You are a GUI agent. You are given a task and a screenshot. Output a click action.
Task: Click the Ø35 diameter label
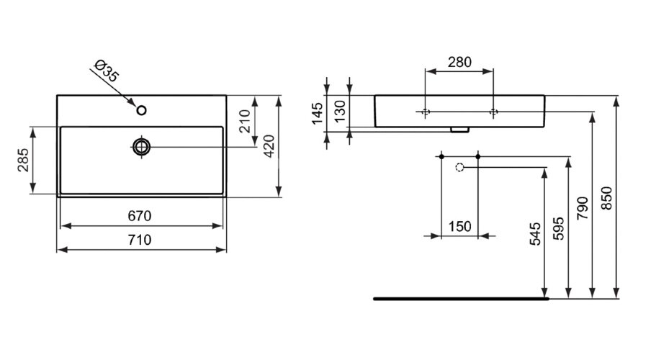click(x=106, y=71)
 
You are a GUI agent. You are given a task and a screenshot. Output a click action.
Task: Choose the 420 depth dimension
click(x=268, y=145)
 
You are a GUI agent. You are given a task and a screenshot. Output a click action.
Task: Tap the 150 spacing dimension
click(x=459, y=227)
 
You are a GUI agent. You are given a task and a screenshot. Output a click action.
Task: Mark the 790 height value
click(x=583, y=207)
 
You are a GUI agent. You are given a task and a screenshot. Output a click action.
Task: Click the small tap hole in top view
click(x=142, y=110)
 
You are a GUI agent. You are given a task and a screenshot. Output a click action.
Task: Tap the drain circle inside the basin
click(x=142, y=146)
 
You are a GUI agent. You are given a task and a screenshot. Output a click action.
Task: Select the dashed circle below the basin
click(x=460, y=167)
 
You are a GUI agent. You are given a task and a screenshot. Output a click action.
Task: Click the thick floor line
click(x=461, y=297)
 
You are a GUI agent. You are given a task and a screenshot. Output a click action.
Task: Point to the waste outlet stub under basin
click(x=457, y=130)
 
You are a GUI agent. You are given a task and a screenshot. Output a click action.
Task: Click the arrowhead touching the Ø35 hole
click(x=134, y=104)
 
